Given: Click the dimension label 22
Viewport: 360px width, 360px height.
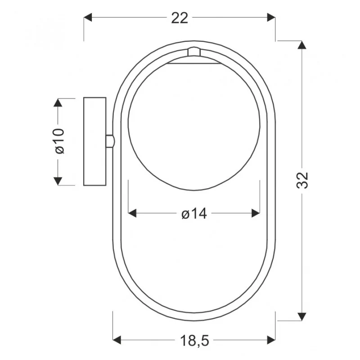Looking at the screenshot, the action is [x=180, y=18].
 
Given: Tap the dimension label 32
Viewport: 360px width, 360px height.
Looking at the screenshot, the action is [x=302, y=180].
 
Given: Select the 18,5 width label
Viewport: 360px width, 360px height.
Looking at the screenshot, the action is [x=194, y=341].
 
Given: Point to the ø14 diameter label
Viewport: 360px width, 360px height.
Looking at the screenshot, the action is [x=194, y=214].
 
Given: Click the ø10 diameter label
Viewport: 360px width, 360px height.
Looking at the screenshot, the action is [x=59, y=141].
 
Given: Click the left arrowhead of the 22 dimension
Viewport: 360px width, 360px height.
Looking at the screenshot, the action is [x=88, y=17].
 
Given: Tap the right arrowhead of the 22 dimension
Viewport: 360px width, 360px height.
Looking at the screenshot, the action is [x=271, y=17].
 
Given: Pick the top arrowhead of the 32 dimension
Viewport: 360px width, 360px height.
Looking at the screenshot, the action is [x=301, y=45].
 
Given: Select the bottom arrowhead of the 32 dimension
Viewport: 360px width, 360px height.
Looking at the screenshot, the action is [x=301, y=316].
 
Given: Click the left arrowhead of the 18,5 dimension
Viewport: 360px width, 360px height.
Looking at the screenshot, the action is [x=117, y=340].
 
